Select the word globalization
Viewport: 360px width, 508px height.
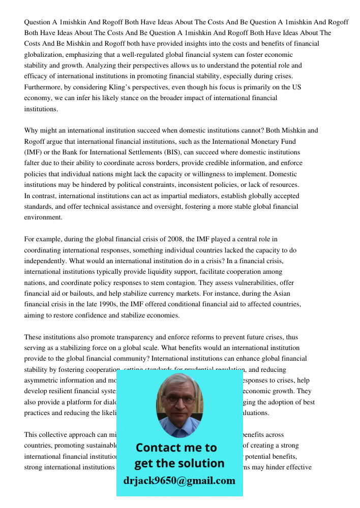tap(44, 55)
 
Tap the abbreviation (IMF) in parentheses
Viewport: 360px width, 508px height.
tap(34, 152)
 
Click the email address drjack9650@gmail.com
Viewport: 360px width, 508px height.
tap(179, 481)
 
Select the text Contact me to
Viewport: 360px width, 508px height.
tap(176, 448)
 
